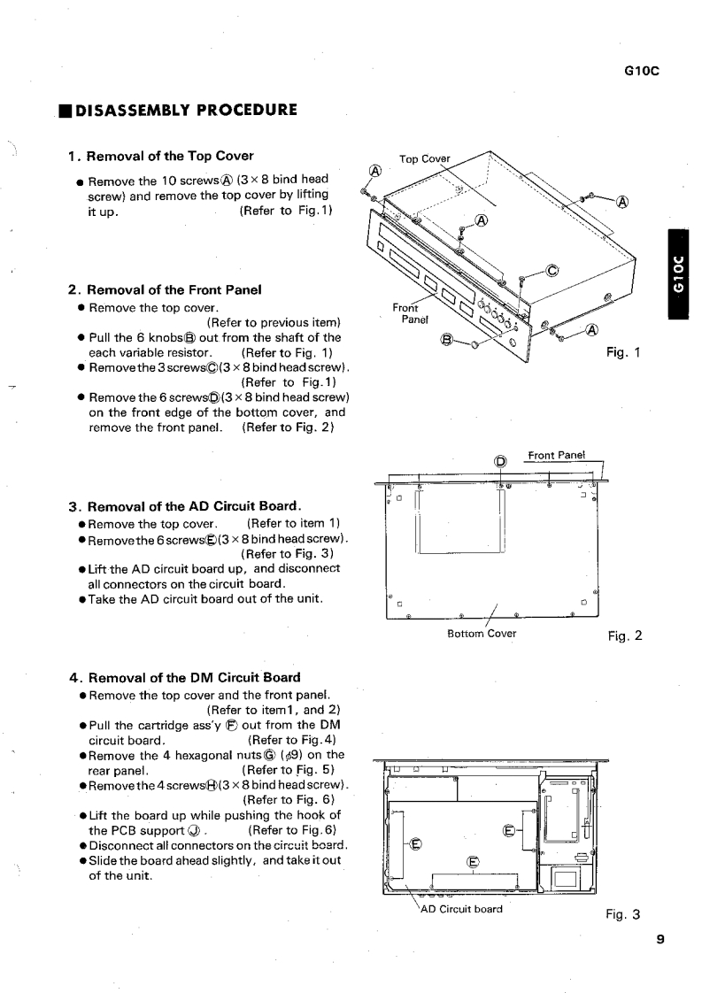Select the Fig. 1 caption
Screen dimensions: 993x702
coord(622,352)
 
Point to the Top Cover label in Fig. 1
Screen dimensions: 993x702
coord(425,159)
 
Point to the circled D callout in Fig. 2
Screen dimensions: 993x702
coord(501,461)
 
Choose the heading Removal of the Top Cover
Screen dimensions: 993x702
coord(161,157)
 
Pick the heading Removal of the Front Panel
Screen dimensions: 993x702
coord(164,289)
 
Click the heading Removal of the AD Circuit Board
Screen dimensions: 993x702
coord(185,507)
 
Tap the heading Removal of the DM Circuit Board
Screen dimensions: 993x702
coord(184,678)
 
